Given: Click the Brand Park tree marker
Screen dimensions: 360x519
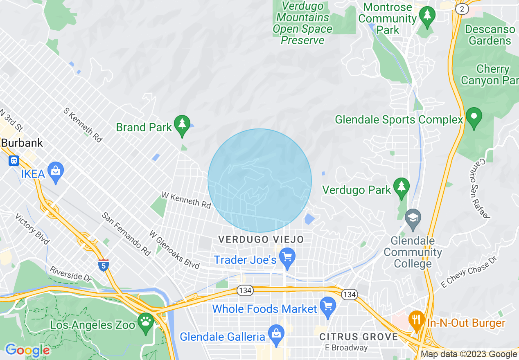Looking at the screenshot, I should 182,124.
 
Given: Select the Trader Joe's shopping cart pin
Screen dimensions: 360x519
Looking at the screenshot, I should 287,258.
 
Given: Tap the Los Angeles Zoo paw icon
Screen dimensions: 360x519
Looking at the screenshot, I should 146,322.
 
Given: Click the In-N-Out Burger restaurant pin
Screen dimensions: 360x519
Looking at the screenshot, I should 416,320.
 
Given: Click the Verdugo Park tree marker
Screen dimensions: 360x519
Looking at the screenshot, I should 402,187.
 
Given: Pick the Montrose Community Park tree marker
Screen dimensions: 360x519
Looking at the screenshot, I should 427,16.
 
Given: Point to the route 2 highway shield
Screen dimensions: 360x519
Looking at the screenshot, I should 462,9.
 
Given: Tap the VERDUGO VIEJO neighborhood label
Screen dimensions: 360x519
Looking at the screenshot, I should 261,239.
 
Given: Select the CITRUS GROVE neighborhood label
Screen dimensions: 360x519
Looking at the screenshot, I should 359,337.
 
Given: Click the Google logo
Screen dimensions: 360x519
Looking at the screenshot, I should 27,350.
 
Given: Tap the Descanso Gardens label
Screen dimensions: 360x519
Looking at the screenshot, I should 490,35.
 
